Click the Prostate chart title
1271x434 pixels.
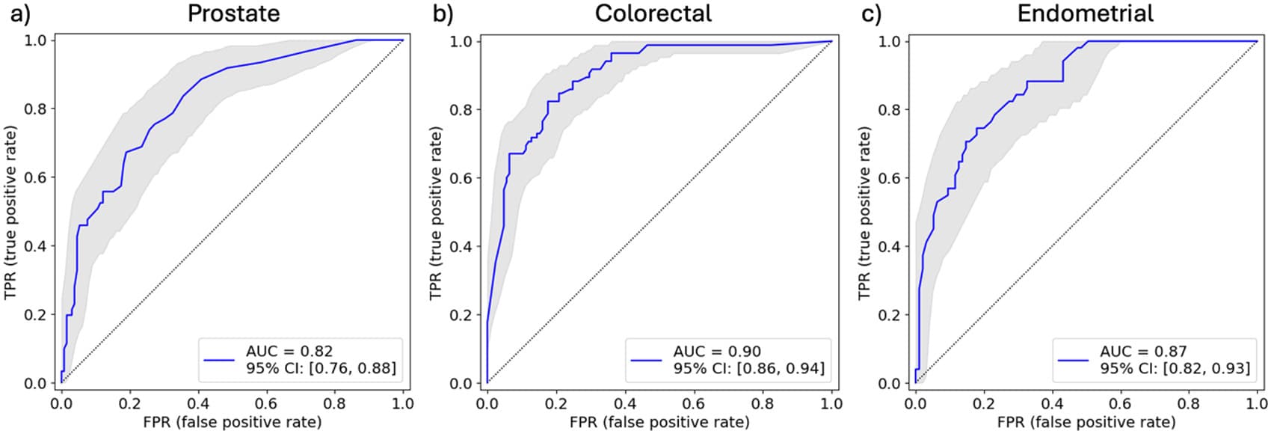click(234, 13)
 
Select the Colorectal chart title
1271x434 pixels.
click(653, 13)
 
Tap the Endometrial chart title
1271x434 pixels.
click(1085, 13)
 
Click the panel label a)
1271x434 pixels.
click(20, 14)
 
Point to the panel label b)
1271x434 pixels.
click(443, 13)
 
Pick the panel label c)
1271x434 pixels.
click(872, 14)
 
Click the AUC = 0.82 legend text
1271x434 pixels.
click(289, 351)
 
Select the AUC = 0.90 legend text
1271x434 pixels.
click(717, 351)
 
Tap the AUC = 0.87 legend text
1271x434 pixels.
click(1143, 351)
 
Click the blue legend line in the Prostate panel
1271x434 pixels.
click(219, 360)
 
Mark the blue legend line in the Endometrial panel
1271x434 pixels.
click(1073, 360)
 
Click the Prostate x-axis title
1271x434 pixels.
click(232, 422)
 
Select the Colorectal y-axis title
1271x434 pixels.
click(435, 213)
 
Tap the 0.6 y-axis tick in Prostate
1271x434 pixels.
click(35, 177)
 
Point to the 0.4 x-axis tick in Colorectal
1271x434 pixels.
click(625, 403)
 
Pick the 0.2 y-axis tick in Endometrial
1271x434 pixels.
click(890, 315)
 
